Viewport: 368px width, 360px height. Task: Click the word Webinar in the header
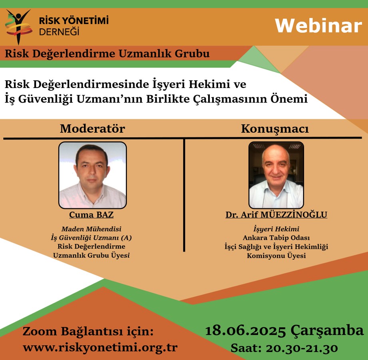coord(318,26)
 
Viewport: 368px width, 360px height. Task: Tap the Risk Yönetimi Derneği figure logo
coord(18,26)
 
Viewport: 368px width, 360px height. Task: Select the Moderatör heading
coord(92,129)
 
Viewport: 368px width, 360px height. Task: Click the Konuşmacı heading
coord(275,129)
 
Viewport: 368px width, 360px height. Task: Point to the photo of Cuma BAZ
coord(93,175)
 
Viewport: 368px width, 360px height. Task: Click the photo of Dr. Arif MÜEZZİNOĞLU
coord(276,175)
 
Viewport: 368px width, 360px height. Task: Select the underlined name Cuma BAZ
coord(92,215)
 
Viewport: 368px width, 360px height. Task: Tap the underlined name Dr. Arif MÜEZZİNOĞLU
coord(276,215)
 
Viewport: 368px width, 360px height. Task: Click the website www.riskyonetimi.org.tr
coord(100,347)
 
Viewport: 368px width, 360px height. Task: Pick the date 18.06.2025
coord(245,331)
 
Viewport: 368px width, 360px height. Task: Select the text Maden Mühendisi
coord(92,229)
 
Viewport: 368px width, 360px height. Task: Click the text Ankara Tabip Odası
coord(276,238)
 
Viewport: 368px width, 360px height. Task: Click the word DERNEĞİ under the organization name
coord(59,31)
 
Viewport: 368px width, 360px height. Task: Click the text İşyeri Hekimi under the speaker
coord(276,229)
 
